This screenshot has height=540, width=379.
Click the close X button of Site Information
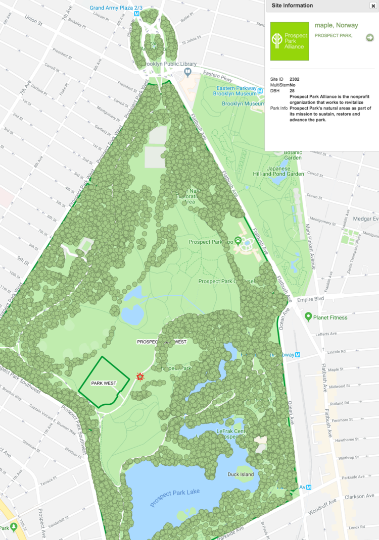[x=373, y=6]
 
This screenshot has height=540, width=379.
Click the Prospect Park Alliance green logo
[x=290, y=41]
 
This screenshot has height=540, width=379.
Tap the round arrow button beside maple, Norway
[x=370, y=37]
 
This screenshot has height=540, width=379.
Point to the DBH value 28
[x=293, y=90]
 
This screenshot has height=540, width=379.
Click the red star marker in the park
[x=140, y=376]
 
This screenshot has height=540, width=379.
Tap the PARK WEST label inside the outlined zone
[x=104, y=383]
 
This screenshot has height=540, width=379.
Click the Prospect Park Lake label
[x=175, y=498]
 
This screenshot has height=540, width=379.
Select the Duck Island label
[x=241, y=474]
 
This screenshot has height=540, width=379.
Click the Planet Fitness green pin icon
[x=308, y=317]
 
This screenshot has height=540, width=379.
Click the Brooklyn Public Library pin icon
[x=187, y=72]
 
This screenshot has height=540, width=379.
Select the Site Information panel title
[x=292, y=6]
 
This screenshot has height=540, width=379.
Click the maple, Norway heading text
[x=336, y=25]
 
